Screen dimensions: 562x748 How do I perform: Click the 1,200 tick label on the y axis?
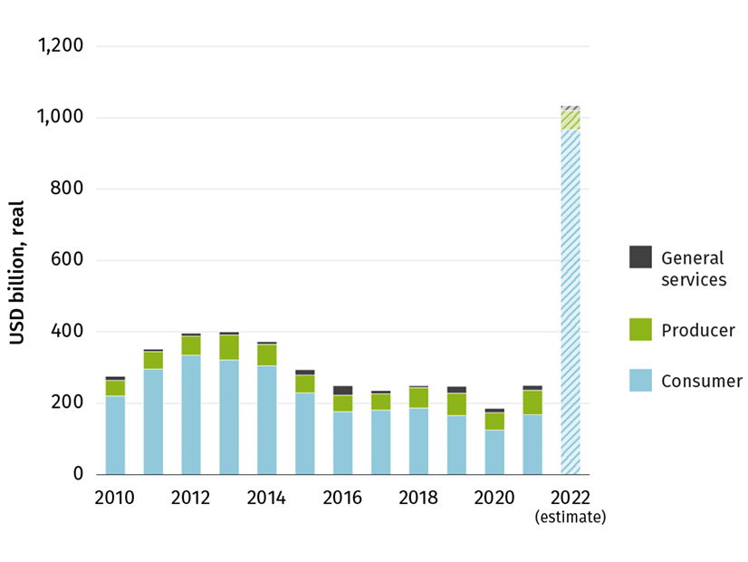(60, 45)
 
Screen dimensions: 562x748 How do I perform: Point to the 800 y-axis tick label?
(66, 189)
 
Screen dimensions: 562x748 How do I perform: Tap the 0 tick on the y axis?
(77, 474)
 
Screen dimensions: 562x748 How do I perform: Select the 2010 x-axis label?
(114, 499)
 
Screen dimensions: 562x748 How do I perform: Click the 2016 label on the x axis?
(342, 499)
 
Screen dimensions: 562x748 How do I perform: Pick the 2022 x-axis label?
(570, 499)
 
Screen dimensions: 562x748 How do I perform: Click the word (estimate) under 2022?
(570, 518)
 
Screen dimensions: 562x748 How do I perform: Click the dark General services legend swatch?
(640, 257)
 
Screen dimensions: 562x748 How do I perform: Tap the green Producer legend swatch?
(640, 330)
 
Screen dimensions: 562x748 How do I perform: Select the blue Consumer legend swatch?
(640, 381)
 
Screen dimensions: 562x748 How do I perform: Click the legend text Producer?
(698, 330)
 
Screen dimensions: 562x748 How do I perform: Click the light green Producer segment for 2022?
(570, 120)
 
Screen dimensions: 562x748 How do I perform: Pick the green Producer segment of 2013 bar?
(229, 347)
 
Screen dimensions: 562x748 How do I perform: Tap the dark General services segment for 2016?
(343, 391)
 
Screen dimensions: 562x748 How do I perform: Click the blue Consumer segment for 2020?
(494, 451)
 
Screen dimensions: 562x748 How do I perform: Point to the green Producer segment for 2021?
(532, 402)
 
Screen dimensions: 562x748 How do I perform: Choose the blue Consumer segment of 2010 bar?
(115, 435)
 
